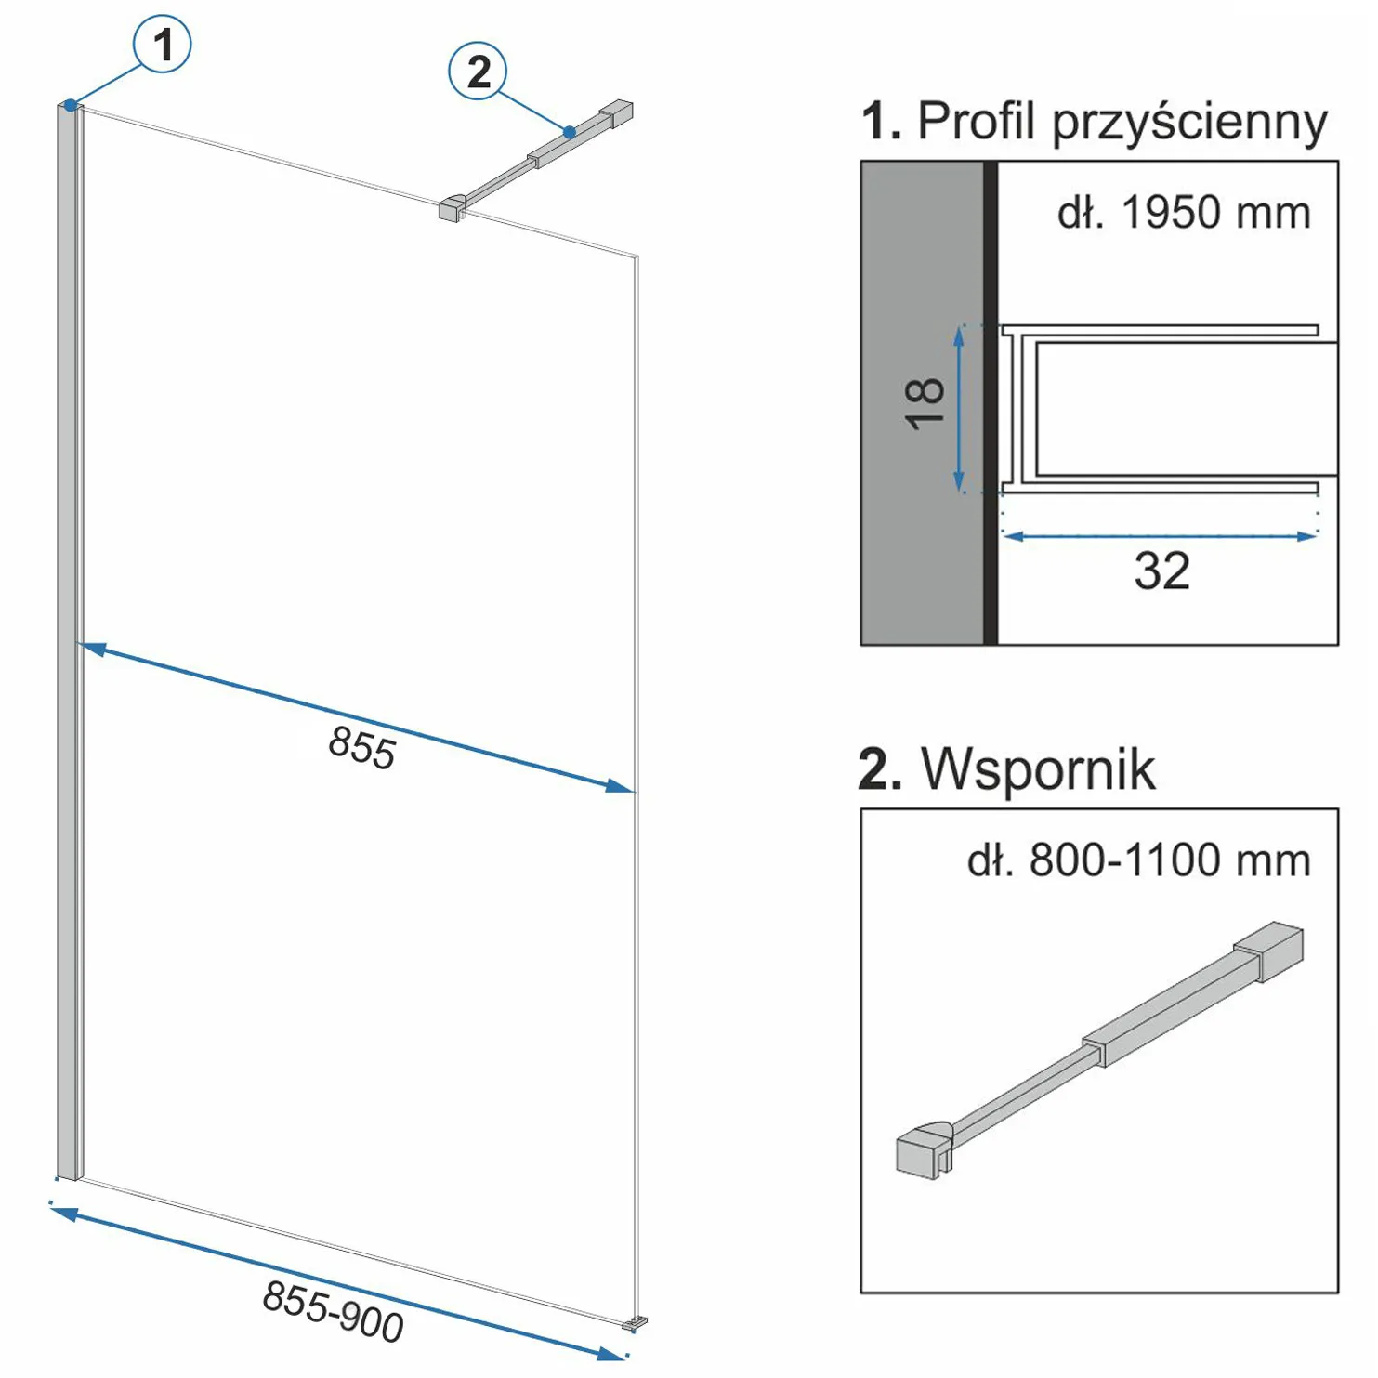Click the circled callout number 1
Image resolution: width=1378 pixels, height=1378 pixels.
163,45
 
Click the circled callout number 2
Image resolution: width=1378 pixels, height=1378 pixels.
478,72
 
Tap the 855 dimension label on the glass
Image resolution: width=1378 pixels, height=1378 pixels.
362,747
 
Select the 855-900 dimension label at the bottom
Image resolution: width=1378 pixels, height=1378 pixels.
333,1310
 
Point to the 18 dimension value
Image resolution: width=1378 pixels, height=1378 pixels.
925,404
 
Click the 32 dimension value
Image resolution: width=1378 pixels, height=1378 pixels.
1161,571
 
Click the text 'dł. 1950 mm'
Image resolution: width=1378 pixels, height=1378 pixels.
1184,214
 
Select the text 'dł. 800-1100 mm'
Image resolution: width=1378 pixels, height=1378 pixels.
1138,860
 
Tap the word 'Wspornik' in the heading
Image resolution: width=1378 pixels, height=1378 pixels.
1038,769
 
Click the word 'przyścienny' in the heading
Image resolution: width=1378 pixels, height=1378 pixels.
1189,123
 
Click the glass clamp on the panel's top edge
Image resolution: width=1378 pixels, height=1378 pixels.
451,209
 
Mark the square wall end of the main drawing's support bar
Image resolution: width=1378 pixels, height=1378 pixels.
617,114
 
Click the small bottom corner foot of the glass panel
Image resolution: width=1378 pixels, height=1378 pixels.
637,1321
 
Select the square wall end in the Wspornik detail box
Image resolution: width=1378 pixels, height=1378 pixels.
1270,949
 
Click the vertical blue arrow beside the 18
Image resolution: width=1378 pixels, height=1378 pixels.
959,409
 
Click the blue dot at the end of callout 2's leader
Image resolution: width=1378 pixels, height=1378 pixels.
570,133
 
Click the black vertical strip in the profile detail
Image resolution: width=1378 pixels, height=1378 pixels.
991,402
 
